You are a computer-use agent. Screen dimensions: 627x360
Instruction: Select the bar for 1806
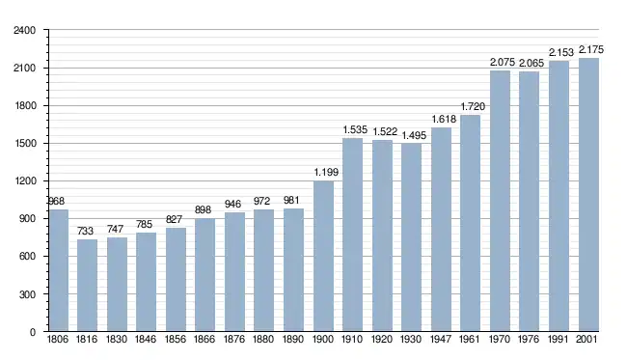coord(59,270)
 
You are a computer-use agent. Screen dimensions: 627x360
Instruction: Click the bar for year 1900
coord(323,256)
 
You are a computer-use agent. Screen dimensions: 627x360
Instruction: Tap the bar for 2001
coord(588,195)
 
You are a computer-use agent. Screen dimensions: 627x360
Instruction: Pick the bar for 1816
coord(87,285)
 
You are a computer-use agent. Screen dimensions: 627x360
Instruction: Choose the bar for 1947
coord(442,230)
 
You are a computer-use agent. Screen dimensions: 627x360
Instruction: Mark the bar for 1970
coord(501,201)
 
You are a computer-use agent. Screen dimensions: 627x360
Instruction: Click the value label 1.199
coord(326,172)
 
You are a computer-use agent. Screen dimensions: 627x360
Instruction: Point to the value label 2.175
coord(591,49)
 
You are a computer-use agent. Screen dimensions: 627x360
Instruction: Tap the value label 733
coord(85,231)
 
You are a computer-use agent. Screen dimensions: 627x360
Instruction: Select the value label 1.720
coord(473,106)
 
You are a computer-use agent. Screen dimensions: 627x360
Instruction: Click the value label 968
coord(56,201)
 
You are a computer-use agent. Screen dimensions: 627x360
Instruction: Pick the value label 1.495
coord(414,135)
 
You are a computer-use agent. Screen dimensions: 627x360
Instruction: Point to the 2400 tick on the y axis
coord(24,30)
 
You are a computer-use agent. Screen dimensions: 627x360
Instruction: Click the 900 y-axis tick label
coord(27,219)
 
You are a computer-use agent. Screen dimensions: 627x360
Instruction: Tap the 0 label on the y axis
coord(33,332)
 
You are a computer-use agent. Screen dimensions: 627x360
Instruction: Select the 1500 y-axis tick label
coord(24,144)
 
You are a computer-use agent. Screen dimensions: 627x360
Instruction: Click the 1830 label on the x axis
coord(117,339)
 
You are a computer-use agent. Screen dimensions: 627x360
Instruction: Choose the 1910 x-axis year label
coord(352,339)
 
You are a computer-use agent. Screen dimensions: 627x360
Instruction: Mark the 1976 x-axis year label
coord(529,339)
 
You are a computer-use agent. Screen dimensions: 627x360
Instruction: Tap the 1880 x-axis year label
coord(263,339)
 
